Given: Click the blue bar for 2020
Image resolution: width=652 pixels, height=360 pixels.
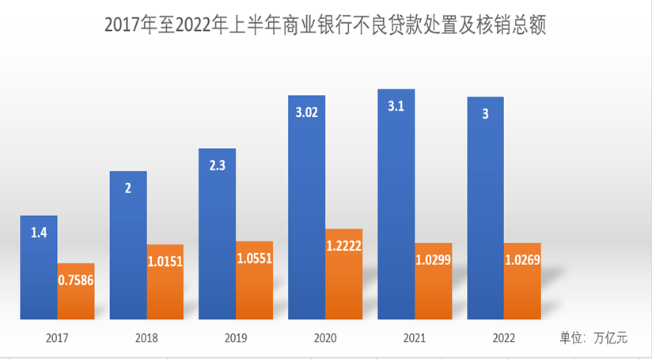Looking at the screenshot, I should coord(307,214).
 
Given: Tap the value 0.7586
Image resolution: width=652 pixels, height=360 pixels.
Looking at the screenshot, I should coord(76,279).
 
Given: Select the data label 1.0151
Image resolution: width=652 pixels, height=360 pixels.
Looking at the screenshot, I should coord(165,261).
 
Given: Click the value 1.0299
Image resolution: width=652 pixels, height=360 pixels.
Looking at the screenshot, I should coord(434,259).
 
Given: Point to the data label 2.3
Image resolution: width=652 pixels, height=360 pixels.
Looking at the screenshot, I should coord(218,165).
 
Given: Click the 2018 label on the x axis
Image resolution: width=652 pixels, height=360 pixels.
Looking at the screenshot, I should coord(146,338).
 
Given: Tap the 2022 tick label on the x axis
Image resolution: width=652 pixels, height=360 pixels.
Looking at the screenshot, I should coord(504,338).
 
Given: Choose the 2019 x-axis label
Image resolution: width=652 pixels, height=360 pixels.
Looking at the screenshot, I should coord(236,338).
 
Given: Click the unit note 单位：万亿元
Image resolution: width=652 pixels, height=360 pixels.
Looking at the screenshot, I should coord(593,338).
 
